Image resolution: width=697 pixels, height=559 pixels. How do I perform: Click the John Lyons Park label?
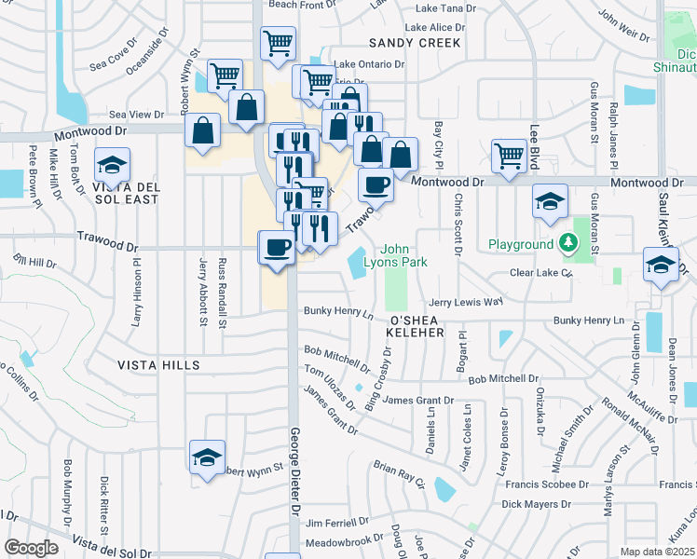[403, 255]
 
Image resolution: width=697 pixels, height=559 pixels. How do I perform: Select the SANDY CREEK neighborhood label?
[415, 43]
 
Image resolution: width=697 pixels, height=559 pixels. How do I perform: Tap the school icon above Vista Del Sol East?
[113, 166]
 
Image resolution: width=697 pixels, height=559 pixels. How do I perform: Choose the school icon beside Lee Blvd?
[550, 200]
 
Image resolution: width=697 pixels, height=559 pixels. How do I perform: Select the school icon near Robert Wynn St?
[207, 457]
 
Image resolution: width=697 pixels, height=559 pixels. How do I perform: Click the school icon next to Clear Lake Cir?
[661, 264]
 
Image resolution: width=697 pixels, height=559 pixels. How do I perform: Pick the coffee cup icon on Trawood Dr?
[276, 247]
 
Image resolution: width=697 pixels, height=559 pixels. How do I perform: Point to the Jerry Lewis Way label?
[465, 303]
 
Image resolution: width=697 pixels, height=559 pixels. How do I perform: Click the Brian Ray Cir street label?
[399, 473]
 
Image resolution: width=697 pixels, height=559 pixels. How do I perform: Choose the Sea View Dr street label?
[136, 114]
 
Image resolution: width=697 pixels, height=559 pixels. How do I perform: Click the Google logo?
[31, 548]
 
